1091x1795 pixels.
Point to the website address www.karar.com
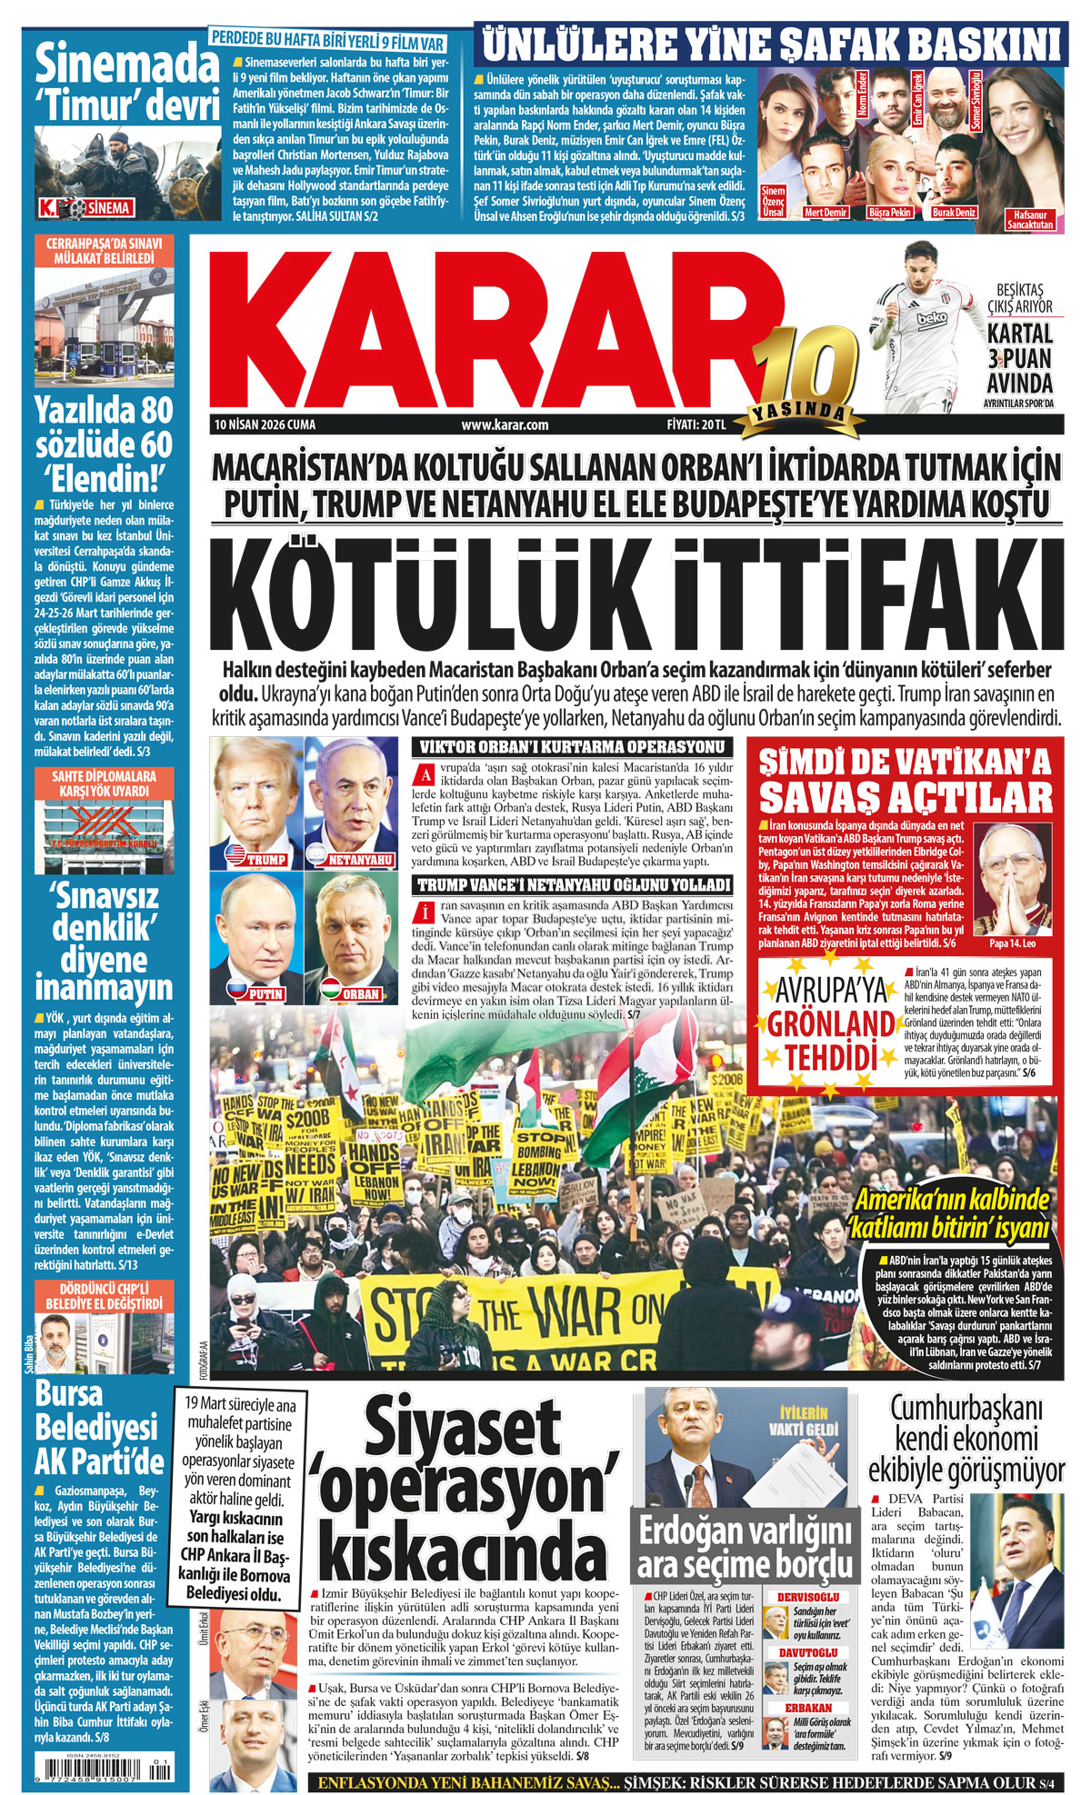505,424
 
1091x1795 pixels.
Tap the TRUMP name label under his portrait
265,859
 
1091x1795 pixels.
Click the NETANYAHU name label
360,859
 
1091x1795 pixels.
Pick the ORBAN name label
361,993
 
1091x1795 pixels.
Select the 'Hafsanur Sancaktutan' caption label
1030,219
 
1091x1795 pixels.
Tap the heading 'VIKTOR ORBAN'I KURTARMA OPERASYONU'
572,747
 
